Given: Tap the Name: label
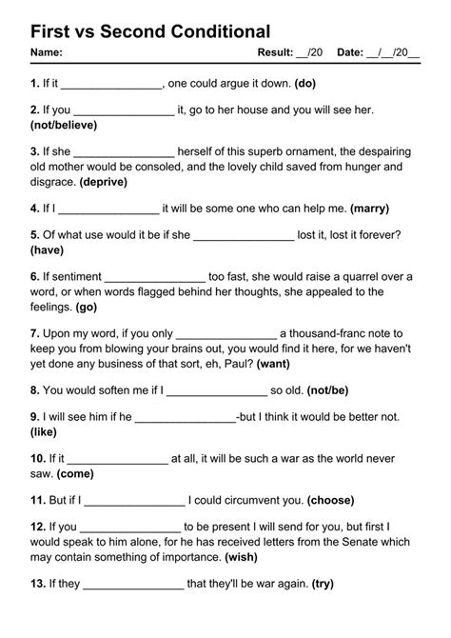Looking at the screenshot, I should pos(47,53).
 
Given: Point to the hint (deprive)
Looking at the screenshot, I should pos(108,181).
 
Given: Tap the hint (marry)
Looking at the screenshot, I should pos(370,208).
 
